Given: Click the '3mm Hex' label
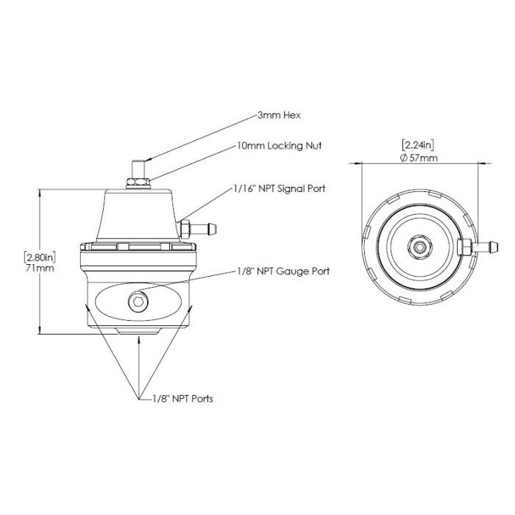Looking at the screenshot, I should (x=280, y=116).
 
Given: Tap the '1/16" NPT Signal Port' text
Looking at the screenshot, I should (x=280, y=189).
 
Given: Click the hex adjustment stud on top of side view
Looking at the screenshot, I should (x=138, y=166).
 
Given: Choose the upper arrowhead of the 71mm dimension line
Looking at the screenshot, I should (x=40, y=192).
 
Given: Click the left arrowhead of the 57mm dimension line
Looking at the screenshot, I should (x=363, y=163).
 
